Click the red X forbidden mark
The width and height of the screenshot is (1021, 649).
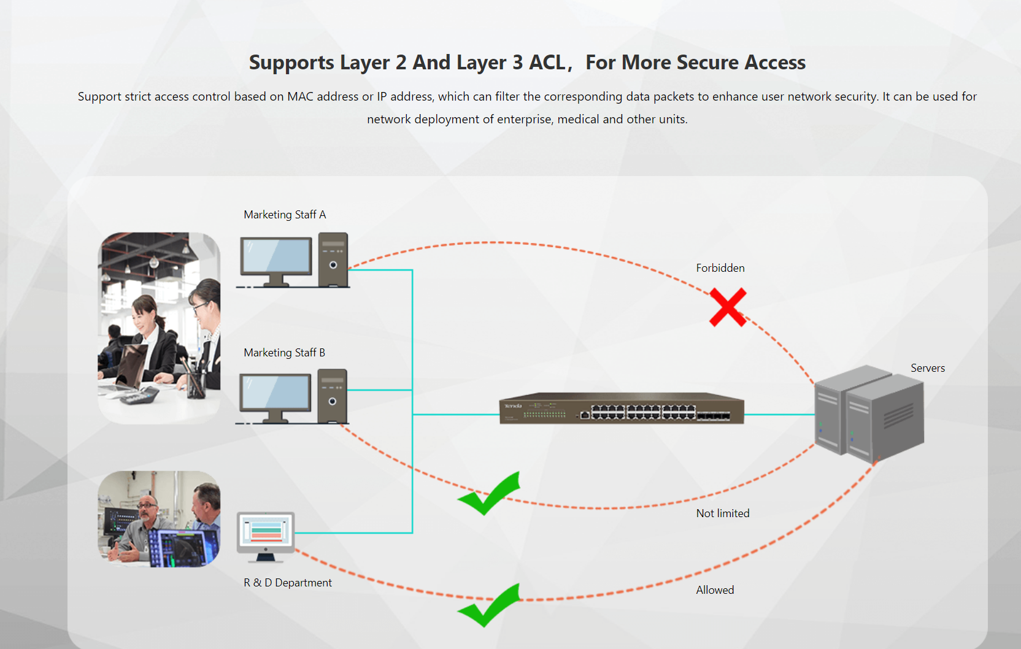(728, 307)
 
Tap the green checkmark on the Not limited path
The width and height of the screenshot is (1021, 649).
(490, 494)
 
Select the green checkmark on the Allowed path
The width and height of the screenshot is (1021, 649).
(490, 605)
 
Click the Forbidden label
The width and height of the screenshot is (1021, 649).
(720, 268)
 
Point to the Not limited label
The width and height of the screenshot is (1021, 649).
(722, 513)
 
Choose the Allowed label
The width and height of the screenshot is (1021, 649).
(715, 590)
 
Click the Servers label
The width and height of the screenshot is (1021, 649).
(927, 368)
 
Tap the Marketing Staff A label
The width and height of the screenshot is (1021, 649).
(285, 215)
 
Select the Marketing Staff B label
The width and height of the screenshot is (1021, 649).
(284, 353)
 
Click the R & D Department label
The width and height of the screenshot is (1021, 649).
(287, 583)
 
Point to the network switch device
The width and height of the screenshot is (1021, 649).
(621, 409)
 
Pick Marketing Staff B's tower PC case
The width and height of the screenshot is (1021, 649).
(333, 396)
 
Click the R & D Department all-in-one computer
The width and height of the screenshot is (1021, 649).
(266, 535)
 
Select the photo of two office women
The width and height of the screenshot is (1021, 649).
(159, 328)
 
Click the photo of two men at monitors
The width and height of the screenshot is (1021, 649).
(159, 519)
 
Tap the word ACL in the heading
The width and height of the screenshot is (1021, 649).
(547, 63)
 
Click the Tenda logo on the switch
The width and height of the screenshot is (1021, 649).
(512, 406)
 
